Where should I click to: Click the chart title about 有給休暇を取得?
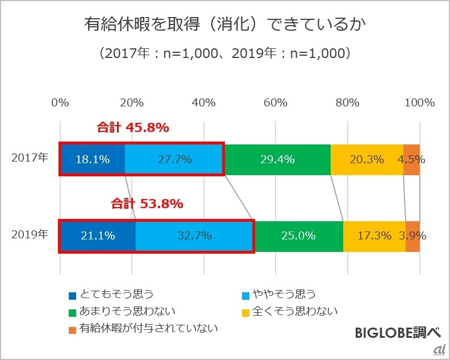tap(224, 24)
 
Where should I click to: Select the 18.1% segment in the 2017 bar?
tap(92, 159)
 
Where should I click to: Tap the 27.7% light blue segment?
tap(174, 159)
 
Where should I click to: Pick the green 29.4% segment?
tap(277, 159)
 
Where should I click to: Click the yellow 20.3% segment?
tap(366, 159)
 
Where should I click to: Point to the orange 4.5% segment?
tap(412, 159)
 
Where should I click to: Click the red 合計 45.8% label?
tap(132, 128)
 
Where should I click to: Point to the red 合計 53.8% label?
tap(147, 204)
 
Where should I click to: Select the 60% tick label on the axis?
tap(276, 103)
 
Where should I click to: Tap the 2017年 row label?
tap(30, 159)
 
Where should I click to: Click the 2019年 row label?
tap(30, 234)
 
